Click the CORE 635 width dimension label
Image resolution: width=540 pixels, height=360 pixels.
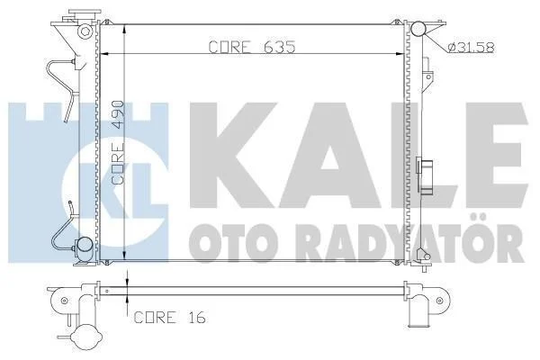point(252,47)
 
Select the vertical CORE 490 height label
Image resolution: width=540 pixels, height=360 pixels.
point(118,142)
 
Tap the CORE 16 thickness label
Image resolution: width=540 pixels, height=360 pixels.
point(170,318)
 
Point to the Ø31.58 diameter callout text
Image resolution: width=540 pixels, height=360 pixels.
point(471,47)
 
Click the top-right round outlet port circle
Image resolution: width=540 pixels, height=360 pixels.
point(418,29)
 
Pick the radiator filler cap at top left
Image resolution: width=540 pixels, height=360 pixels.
point(85,13)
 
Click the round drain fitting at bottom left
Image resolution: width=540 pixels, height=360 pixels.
point(84,245)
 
